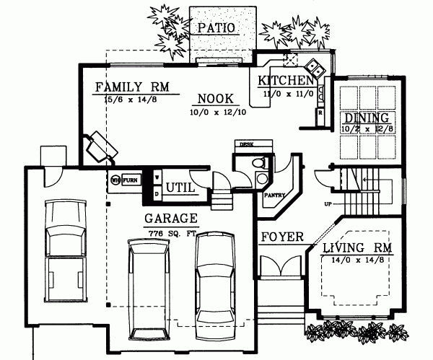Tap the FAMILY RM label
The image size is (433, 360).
coord(131,87)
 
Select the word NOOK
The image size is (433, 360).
coord(214,99)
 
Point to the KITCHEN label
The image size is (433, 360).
coord(286,80)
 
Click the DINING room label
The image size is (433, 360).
coord(367,118)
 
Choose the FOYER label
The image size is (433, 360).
coord(281,237)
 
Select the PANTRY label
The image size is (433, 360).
coord(276,195)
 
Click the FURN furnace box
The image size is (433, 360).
coord(130,180)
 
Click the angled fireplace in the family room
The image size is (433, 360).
coord(100,146)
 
